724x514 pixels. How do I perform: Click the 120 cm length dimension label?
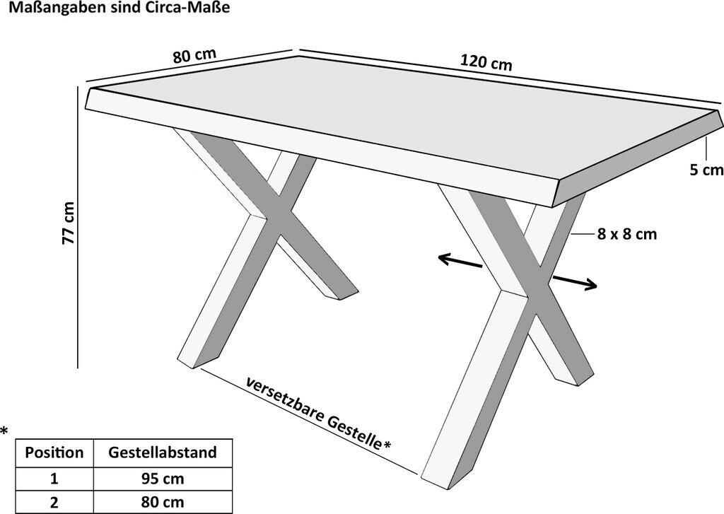click(x=486, y=62)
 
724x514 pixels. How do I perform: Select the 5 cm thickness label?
click(x=706, y=170)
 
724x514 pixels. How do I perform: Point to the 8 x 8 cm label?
click(x=626, y=234)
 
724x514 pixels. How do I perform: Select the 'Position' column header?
click(x=54, y=452)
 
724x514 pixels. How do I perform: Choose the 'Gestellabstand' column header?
click(x=163, y=452)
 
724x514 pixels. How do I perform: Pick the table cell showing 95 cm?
click(x=163, y=479)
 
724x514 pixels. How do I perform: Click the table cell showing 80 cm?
click(x=163, y=503)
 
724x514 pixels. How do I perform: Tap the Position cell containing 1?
click(x=54, y=479)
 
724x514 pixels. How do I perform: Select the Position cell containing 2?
click(x=54, y=503)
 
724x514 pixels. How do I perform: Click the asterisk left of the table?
click(x=5, y=431)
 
